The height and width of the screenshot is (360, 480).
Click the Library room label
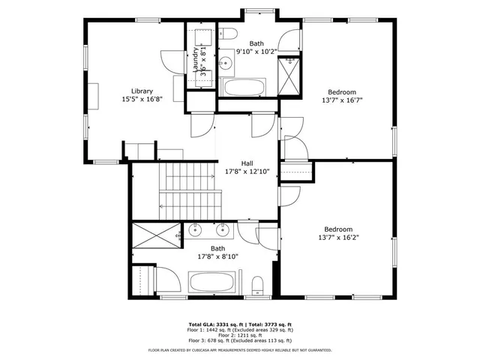[x=142, y=91]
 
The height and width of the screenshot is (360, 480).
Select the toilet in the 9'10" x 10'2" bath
[x=229, y=31]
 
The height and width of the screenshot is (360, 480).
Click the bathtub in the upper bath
[x=247, y=88]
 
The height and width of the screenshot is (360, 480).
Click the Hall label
[x=247, y=163]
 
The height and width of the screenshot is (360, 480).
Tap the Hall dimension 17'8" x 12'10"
[x=247, y=172]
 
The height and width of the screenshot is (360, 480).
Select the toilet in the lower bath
[x=257, y=284]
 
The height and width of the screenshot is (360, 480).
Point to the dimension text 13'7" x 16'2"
[x=337, y=238]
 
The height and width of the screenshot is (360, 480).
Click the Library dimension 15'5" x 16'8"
[x=142, y=99]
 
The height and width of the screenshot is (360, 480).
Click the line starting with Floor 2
[x=240, y=334]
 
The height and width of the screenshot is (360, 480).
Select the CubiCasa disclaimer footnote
[x=240, y=349]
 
